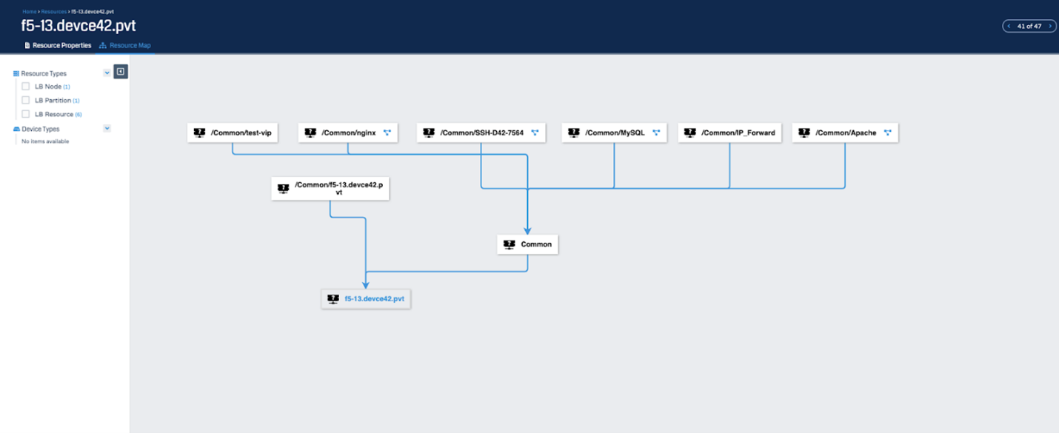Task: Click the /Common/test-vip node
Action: (x=232, y=132)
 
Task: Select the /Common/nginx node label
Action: (x=348, y=132)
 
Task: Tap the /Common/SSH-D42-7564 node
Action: (x=481, y=132)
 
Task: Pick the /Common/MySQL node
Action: (x=614, y=132)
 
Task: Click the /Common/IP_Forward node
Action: (x=729, y=132)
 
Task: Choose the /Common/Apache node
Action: (x=845, y=132)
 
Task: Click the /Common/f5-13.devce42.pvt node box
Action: (x=330, y=189)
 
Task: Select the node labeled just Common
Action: (x=527, y=244)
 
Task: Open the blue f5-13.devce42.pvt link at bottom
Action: (x=374, y=299)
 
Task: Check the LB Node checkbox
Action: (x=25, y=87)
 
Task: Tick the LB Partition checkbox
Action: (x=25, y=100)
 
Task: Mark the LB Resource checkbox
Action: (x=25, y=114)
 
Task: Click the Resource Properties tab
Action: (x=58, y=45)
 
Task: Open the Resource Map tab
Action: (x=125, y=45)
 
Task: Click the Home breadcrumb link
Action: (x=30, y=11)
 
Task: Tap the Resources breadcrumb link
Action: (x=54, y=11)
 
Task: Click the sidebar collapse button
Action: (x=121, y=71)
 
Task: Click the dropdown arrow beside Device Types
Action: (x=107, y=128)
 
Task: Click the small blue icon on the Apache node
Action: (x=887, y=132)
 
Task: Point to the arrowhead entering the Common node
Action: (x=527, y=231)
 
